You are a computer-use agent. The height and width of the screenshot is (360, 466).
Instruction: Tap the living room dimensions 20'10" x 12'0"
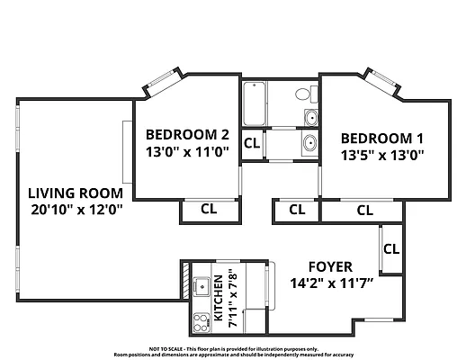75,210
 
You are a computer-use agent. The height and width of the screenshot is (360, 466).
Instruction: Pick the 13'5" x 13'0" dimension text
382,155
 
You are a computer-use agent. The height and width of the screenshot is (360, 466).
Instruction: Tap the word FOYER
330,267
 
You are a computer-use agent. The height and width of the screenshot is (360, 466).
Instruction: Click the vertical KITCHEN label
218,300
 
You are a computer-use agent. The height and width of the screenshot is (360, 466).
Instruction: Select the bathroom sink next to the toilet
310,116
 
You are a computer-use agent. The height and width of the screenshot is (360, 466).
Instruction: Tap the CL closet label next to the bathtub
252,143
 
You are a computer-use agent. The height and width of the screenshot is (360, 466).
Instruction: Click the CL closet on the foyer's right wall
391,248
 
